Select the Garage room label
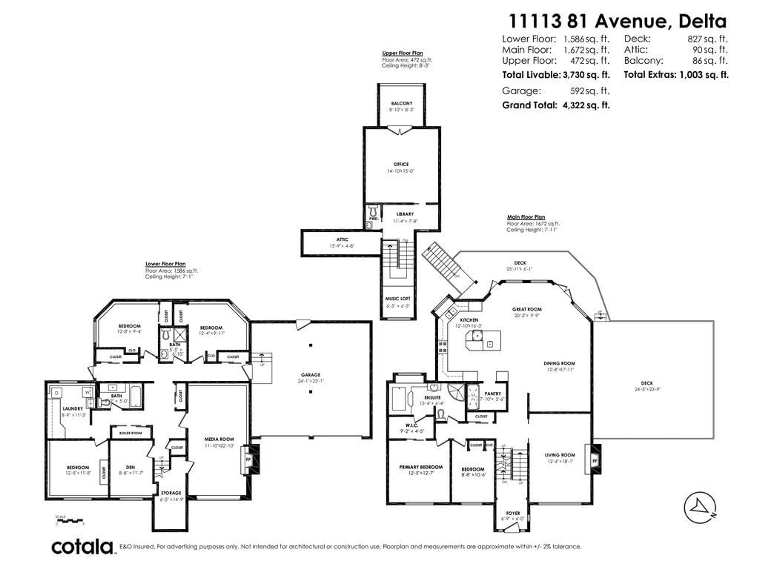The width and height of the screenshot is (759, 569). point(311,375)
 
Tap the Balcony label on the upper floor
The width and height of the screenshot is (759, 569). point(401,103)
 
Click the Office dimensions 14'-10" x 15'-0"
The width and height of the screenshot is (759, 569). point(401,171)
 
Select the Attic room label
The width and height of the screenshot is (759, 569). point(342,239)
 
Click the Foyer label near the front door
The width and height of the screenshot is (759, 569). point(513,513)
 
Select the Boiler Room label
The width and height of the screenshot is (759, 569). point(130,433)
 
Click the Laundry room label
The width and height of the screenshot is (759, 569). point(73,409)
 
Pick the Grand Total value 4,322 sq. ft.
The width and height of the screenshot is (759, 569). point(586,105)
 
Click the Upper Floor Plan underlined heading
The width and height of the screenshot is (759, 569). point(402,53)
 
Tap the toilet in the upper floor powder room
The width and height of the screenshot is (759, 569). point(373,210)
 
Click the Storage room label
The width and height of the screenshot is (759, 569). point(171,493)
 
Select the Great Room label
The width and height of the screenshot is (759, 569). point(527,309)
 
